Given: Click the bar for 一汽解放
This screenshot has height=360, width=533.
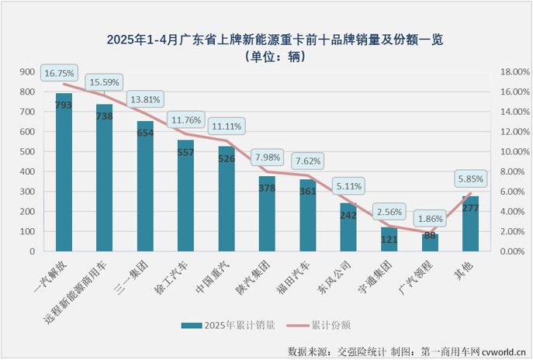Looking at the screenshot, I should [64, 172].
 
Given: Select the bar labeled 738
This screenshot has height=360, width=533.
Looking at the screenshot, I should [104, 178].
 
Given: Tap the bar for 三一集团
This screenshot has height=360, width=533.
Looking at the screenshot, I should [145, 186].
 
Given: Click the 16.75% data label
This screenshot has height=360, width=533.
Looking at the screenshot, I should [60, 73].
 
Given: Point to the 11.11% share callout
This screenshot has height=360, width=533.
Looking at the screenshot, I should [226, 126].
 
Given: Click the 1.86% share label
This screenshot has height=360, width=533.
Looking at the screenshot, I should [429, 219].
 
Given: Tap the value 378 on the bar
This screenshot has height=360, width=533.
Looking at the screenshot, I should [267, 188].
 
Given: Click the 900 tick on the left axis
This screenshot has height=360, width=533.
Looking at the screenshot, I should [27, 72].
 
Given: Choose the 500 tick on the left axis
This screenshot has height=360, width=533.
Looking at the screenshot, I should [27, 152].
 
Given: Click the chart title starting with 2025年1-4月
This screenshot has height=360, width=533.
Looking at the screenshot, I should [266, 38].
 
